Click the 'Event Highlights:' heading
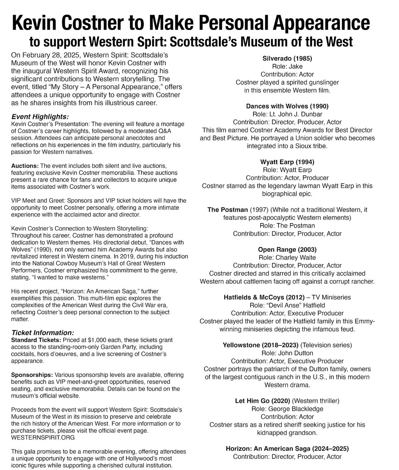coord(40,117)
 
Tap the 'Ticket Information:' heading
coord(43,332)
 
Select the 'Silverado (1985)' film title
coord(287,58)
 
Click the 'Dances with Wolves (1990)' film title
coord(287,106)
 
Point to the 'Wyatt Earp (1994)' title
coord(287,162)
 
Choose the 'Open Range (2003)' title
coord(287,249)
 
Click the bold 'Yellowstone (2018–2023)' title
coord(260,345)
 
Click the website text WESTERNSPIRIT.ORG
coord(43,437)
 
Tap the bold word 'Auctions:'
coord(25,166)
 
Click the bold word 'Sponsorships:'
coord(32,375)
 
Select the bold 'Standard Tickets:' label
coord(36,340)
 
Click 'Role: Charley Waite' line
coord(287,258)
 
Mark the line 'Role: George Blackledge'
coord(287,409)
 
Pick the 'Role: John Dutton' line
coord(287,353)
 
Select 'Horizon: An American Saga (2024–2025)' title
coord(287,449)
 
